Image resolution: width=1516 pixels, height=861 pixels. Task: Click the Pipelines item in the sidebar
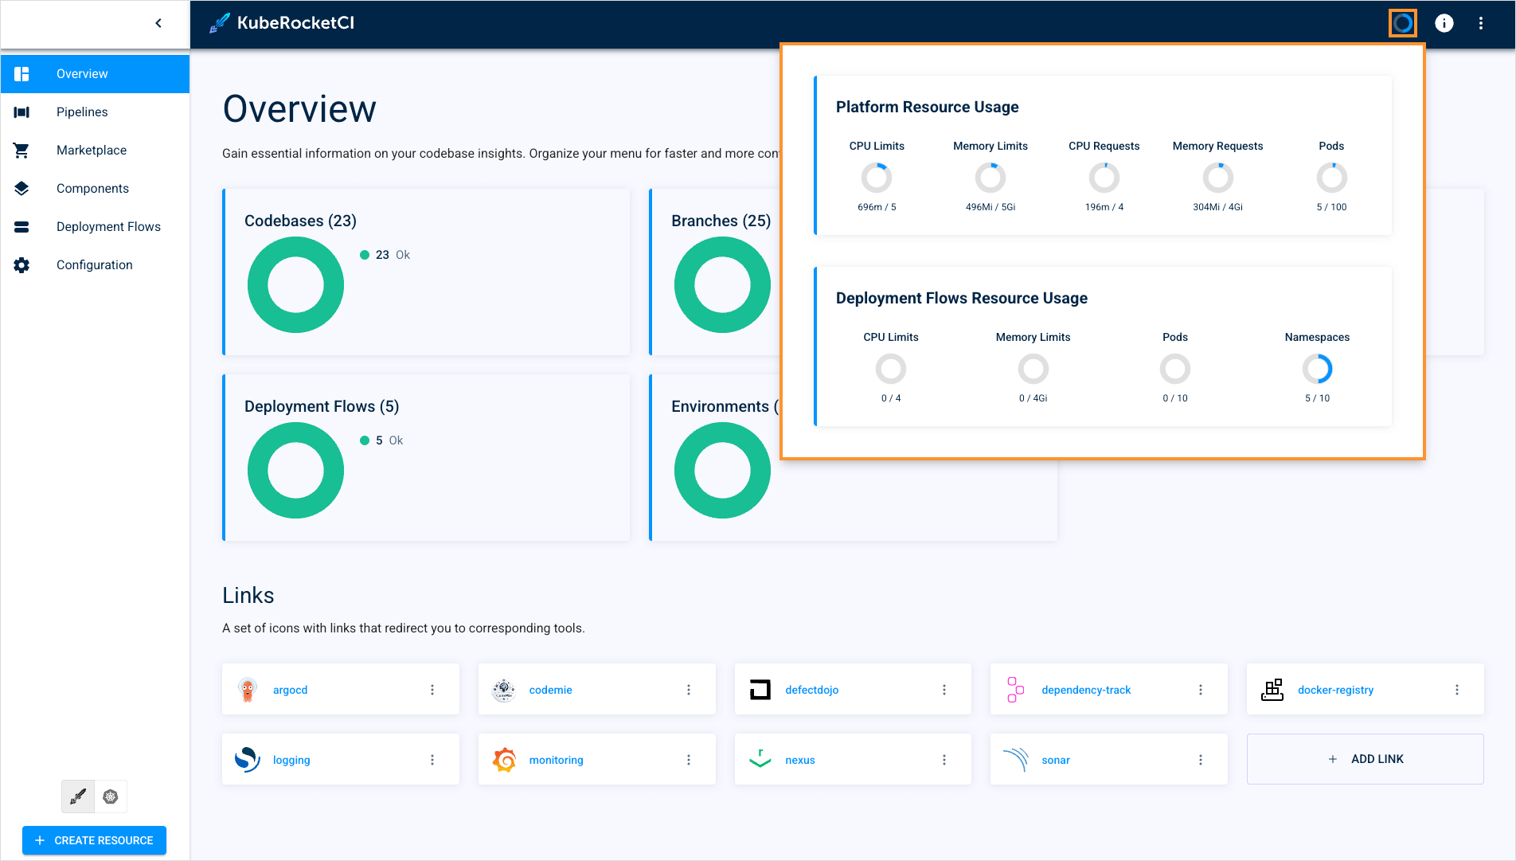click(x=82, y=112)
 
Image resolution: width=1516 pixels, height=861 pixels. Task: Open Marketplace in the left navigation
click(x=91, y=151)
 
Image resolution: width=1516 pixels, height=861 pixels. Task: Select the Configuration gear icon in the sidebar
click(x=21, y=265)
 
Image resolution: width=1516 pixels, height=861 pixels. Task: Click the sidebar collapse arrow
click(x=158, y=23)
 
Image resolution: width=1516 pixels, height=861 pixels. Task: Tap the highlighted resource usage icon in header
click(x=1403, y=23)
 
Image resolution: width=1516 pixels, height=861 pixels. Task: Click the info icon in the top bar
click(x=1444, y=23)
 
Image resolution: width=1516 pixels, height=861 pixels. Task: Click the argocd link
click(x=290, y=690)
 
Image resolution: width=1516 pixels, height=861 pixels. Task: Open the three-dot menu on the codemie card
click(x=689, y=690)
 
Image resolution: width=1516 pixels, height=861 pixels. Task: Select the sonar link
click(x=1055, y=760)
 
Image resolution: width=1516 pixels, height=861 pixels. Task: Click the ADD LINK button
click(x=1365, y=759)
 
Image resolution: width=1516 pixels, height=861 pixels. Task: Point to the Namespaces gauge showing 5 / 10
click(x=1317, y=369)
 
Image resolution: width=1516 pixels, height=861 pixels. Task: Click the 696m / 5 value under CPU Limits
click(x=877, y=207)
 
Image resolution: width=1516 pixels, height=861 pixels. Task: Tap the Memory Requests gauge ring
click(x=1217, y=178)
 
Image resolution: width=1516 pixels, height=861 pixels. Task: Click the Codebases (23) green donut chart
click(x=295, y=284)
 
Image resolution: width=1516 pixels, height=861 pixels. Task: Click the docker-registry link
click(x=1335, y=690)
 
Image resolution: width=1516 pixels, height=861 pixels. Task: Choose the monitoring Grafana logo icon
click(x=504, y=760)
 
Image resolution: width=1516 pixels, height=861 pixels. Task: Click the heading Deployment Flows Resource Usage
click(x=961, y=298)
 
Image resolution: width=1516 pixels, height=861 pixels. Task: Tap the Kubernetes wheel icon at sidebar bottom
click(x=111, y=796)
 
